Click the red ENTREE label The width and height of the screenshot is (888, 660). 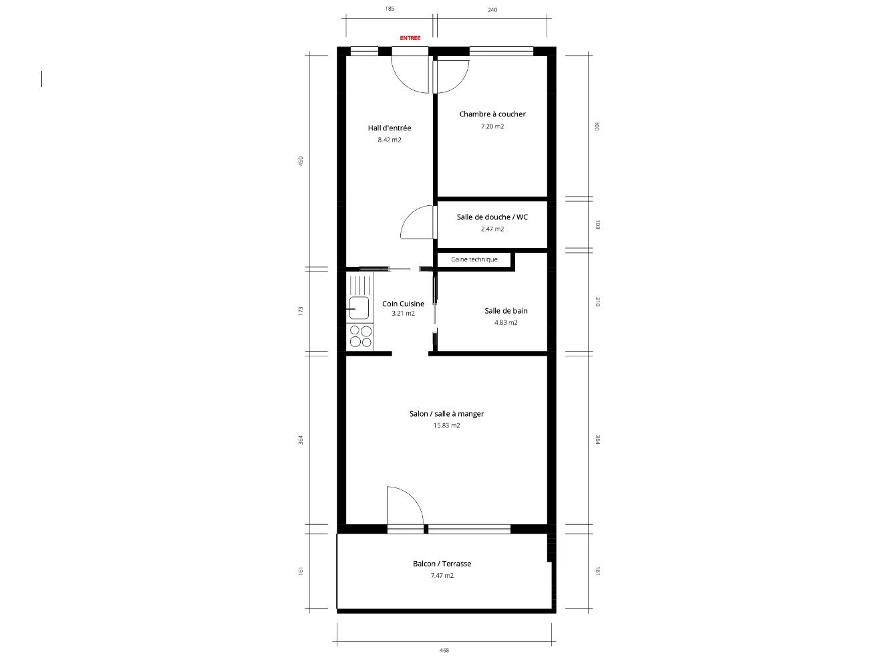(410, 38)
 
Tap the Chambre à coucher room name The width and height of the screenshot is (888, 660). (492, 114)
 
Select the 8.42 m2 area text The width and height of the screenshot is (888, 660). (389, 140)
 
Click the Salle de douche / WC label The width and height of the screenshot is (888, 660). (492, 217)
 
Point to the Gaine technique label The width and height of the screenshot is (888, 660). (474, 259)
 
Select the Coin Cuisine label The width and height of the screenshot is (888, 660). (403, 304)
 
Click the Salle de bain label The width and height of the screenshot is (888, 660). (506, 310)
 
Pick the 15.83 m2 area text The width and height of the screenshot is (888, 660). (446, 425)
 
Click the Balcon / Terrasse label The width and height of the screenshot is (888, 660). (442, 564)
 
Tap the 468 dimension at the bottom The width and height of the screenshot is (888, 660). (444, 650)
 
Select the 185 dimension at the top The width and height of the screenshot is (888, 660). (389, 9)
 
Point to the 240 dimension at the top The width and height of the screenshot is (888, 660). (492, 9)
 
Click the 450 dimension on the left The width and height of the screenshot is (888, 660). (301, 160)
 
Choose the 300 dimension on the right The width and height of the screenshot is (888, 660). (597, 126)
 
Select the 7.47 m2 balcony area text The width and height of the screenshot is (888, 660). (442, 576)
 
